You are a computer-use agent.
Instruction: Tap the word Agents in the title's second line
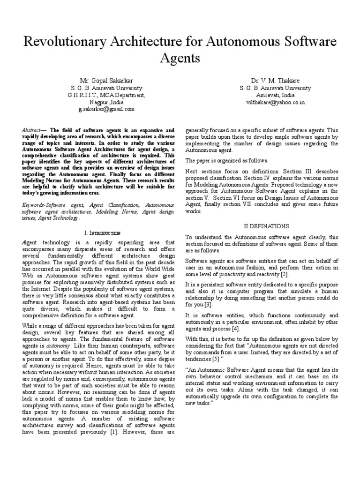[180, 59]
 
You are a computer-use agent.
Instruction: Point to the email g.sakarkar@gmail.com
[106, 109]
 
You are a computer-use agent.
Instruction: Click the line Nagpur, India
[106, 102]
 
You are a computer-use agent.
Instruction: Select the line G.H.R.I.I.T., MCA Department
[106, 95]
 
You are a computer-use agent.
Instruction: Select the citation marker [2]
[285, 274]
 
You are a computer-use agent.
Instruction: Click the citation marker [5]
[216, 360]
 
